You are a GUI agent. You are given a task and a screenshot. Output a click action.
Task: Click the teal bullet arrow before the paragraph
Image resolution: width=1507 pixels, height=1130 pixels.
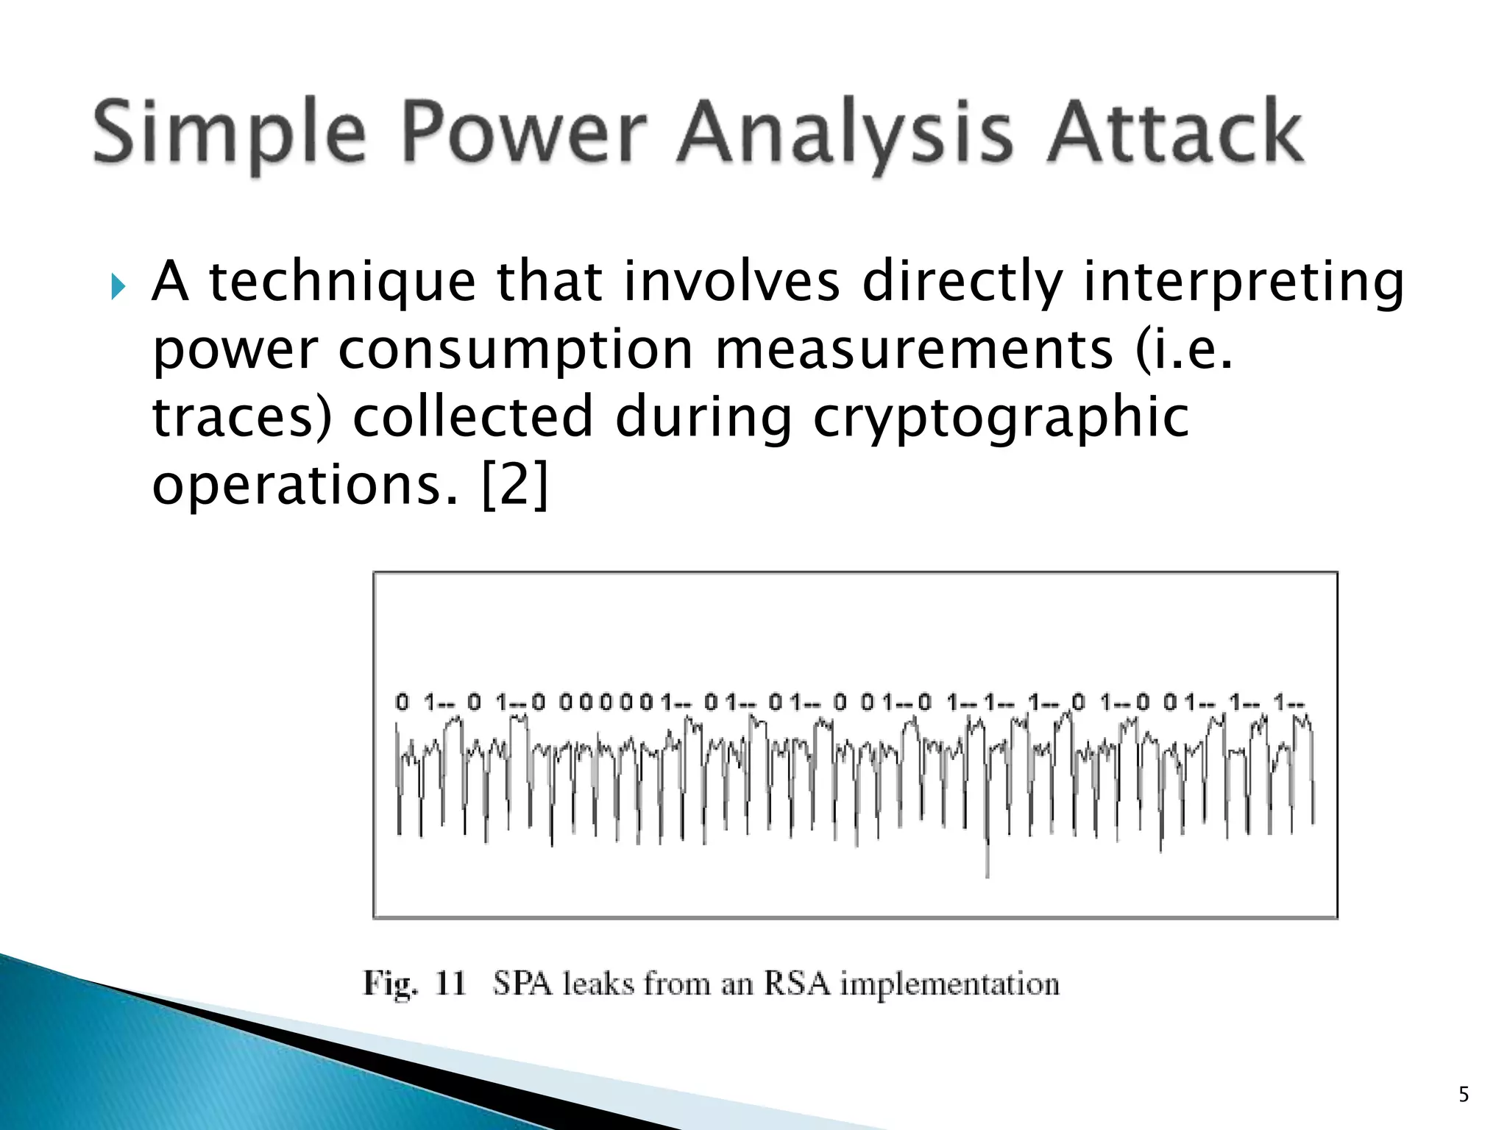[x=118, y=285]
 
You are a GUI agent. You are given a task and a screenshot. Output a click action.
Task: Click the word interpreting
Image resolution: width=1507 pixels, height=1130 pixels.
[x=1244, y=283]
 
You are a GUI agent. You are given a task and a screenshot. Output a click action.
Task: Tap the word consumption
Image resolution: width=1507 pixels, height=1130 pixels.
[x=515, y=351]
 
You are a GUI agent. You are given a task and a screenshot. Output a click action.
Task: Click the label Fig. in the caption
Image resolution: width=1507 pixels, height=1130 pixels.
[x=390, y=984]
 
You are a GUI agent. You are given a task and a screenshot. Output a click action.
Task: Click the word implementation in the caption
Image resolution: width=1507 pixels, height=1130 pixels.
[x=949, y=984]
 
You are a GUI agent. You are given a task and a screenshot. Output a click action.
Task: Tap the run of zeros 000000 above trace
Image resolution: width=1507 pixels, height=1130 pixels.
[x=605, y=703]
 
